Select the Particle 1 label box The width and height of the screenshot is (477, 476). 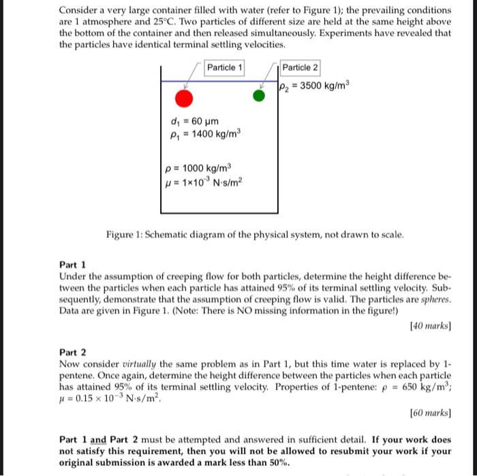pos(225,67)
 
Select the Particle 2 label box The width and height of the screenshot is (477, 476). pos(299,67)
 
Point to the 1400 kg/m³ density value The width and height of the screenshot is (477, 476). pos(208,134)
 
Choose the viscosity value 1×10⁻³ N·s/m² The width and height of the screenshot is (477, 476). pos(204,182)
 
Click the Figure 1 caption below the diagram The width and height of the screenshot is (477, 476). pos(256,235)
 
